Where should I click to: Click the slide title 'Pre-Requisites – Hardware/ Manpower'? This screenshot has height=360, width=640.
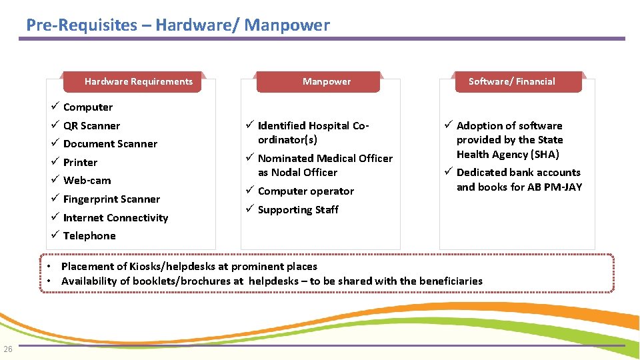177,25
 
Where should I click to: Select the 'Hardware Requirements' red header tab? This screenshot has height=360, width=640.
138,81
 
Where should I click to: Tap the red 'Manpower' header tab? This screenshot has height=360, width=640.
326,81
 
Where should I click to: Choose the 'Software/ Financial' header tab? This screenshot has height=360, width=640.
511,81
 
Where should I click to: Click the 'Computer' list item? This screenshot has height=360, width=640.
88,107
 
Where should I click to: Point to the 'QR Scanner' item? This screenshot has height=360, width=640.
91,126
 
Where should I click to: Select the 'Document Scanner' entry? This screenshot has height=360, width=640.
110,144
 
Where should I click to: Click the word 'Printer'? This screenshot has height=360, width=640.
80,163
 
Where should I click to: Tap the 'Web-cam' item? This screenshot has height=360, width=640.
87,181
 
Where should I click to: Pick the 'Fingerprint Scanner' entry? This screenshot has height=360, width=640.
111,199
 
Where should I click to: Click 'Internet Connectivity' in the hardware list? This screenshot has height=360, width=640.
115,218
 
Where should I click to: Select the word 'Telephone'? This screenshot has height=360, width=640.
89,236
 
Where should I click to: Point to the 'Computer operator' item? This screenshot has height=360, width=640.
305,191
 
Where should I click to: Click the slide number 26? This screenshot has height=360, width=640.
8,349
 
